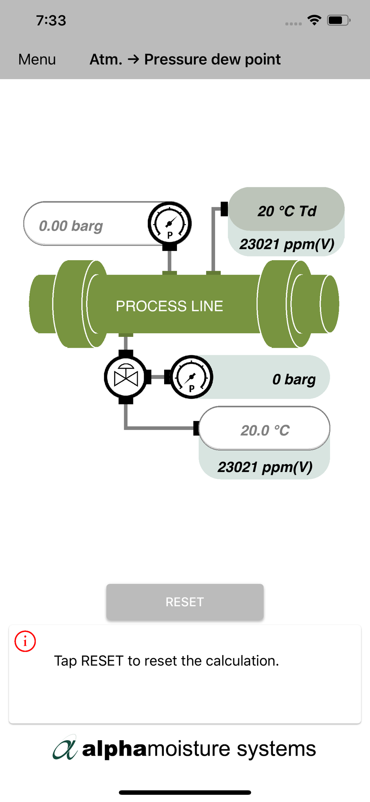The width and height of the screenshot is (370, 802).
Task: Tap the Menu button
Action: (37, 59)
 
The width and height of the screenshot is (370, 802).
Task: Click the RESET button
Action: (185, 601)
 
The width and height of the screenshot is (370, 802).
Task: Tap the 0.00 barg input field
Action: (80, 226)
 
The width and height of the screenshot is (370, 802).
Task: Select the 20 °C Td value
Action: (287, 211)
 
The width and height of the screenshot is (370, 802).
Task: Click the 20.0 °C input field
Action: (265, 430)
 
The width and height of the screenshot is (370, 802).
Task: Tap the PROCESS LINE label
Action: (169, 306)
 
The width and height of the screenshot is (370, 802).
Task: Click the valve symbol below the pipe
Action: (126, 377)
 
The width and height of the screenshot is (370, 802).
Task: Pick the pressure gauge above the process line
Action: (170, 223)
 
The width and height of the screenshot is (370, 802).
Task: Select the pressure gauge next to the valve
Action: (191, 377)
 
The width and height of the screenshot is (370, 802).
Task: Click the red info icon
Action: (25, 641)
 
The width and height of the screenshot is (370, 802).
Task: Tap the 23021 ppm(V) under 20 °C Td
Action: (287, 244)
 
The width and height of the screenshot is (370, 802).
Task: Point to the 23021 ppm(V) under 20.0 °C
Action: (265, 467)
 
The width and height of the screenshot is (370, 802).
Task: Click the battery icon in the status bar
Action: (338, 20)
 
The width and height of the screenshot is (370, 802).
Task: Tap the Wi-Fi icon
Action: (314, 20)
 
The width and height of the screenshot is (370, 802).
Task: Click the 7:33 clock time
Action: (51, 20)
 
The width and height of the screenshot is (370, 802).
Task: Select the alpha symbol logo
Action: (65, 748)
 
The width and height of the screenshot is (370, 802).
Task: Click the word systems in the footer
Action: (276, 749)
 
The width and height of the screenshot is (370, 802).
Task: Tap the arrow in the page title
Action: (133, 59)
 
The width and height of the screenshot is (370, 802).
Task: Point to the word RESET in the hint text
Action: (102, 660)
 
